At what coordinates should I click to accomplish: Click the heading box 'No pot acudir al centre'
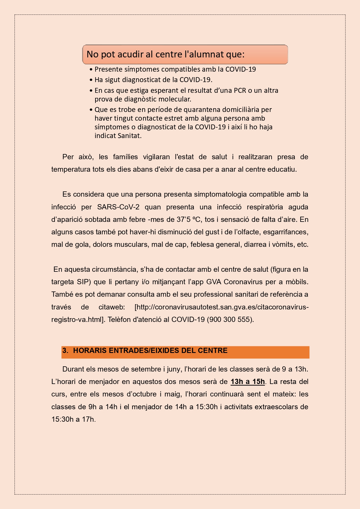pos(185,54)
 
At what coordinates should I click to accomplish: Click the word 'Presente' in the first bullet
pos(107,69)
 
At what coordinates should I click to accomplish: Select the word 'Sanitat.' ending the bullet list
pos(130,136)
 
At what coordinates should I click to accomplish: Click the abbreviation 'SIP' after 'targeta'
pos(84,282)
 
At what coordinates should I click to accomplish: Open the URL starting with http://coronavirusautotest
pos(222,307)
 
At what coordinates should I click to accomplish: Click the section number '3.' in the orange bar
pos(65,351)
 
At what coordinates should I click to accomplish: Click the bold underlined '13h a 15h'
pos(248,382)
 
